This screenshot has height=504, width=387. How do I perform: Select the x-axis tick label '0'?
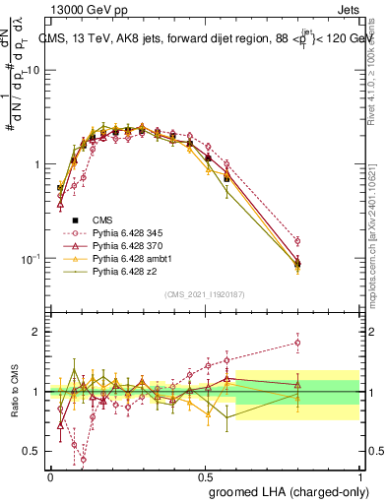pyautogui.click(x=50, y=475)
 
